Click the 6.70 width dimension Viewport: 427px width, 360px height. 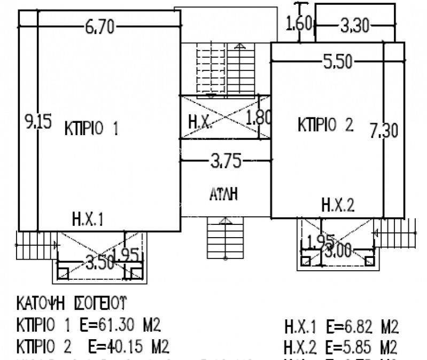tap(99, 27)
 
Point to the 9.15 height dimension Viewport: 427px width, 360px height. tap(38, 122)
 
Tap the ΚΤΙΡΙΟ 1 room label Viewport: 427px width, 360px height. tap(91, 128)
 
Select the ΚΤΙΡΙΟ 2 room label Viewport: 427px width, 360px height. tap(325, 125)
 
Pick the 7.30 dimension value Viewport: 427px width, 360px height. tap(384, 129)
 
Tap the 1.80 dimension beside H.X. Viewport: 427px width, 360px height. tap(260, 116)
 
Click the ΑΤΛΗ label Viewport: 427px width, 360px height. tap(223, 194)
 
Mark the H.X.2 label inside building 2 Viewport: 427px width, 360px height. tap(338, 204)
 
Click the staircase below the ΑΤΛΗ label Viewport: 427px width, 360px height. tap(224, 238)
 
